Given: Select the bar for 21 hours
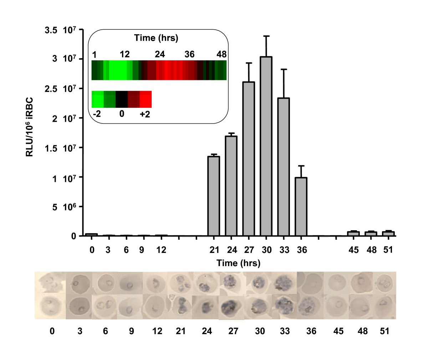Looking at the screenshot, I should [214, 196].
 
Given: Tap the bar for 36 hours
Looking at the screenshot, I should [301, 207].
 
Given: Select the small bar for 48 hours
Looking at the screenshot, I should [371, 234].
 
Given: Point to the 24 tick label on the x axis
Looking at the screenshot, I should [231, 250].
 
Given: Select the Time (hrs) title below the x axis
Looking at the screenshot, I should [239, 263].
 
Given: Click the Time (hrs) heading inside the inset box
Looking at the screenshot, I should [156, 38].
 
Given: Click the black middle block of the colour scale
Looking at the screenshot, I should [122, 99].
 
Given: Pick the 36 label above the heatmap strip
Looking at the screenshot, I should [189, 55].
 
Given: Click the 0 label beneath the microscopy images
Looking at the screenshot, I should [52, 331].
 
